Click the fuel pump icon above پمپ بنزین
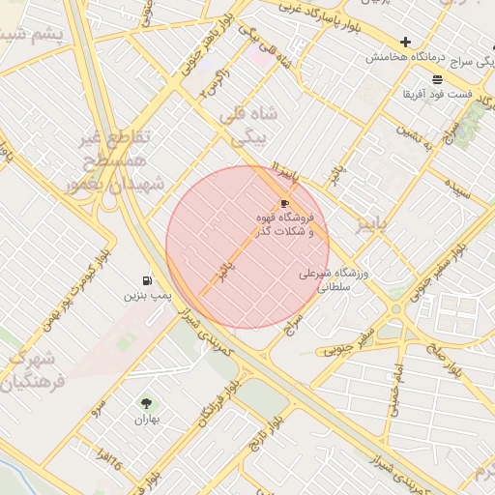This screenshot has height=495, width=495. coord(146,279)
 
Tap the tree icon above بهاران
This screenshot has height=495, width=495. coord(146,404)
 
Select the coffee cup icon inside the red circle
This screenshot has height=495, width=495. coord(283,203)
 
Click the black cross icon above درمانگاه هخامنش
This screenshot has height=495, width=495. coord(405,42)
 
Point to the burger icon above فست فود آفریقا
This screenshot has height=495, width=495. coord(437,78)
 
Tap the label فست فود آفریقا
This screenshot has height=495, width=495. coord(438,95)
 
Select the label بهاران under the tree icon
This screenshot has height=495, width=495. coord(146,420)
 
